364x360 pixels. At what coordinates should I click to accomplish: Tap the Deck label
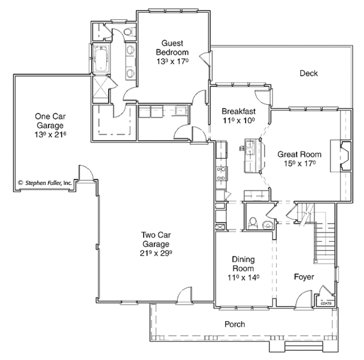tap(308, 73)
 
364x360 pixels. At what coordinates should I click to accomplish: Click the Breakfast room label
tap(238, 112)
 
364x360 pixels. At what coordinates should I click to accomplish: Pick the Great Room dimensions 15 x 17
tap(298, 163)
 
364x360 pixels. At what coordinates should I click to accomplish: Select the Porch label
tap(234, 325)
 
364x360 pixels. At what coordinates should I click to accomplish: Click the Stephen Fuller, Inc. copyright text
tap(45, 182)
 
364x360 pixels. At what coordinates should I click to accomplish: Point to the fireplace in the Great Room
tap(343, 156)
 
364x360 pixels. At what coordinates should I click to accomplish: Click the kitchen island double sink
tap(248, 147)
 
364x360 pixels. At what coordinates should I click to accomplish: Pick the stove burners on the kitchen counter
tap(221, 173)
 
